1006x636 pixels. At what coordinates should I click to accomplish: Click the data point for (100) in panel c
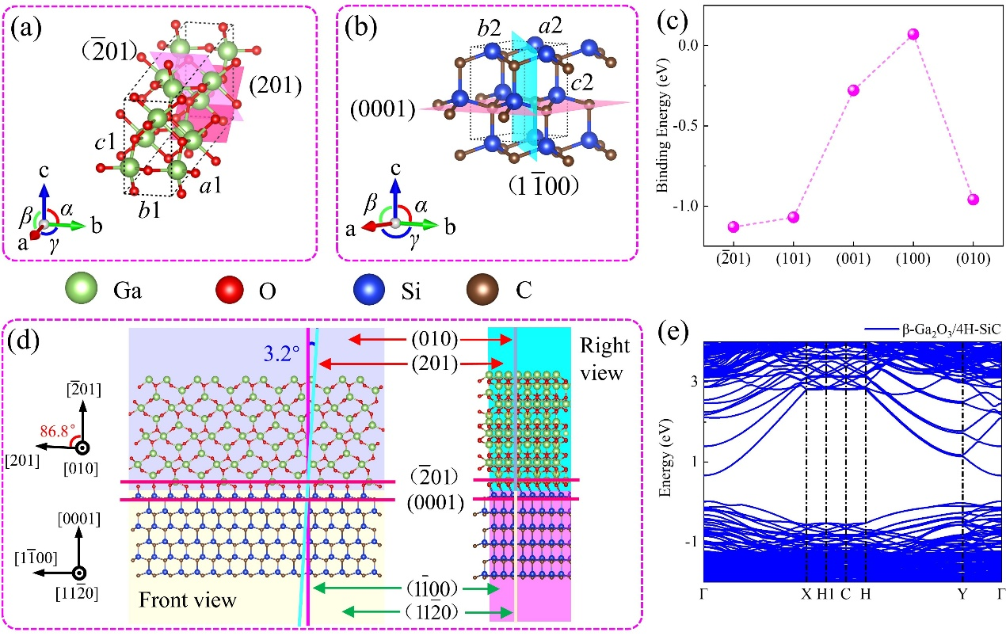click(x=913, y=34)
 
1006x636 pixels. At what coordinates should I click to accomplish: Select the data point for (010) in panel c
click(x=974, y=200)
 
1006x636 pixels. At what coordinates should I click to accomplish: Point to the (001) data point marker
click(x=853, y=90)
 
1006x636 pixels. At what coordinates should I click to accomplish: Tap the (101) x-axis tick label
click(x=793, y=259)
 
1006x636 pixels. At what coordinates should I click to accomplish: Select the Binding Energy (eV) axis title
click(x=663, y=126)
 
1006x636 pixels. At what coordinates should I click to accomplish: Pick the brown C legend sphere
click(x=482, y=289)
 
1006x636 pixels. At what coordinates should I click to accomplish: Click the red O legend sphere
click(x=230, y=289)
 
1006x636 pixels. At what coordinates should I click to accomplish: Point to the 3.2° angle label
click(x=281, y=354)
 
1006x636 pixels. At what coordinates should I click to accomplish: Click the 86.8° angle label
click(x=57, y=431)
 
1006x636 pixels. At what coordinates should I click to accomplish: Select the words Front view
click(x=187, y=600)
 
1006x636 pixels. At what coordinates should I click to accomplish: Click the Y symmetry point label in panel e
click(x=962, y=594)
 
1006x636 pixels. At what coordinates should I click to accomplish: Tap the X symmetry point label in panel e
click(x=806, y=594)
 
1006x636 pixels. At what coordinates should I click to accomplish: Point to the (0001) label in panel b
click(x=383, y=109)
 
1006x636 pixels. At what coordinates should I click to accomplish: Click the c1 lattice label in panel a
click(x=105, y=143)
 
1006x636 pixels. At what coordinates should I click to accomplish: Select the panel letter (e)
click(x=673, y=332)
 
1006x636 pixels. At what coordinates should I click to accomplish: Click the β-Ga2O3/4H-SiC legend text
click(x=951, y=330)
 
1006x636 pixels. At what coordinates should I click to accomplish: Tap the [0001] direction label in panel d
click(x=79, y=520)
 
